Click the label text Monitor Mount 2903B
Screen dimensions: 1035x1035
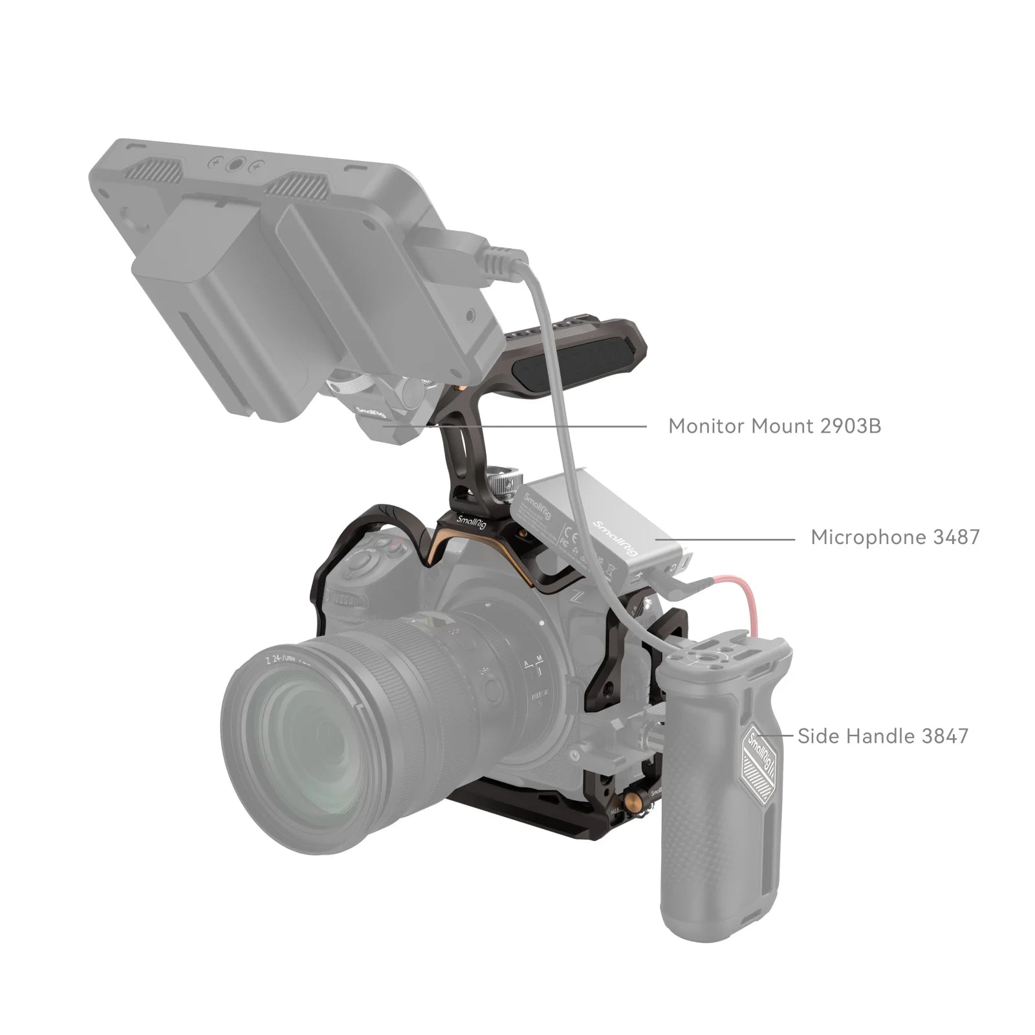(x=774, y=426)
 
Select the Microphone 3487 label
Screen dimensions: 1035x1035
(x=895, y=537)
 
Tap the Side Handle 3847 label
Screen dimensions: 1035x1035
(x=883, y=736)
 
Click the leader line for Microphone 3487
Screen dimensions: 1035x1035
(x=724, y=538)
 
